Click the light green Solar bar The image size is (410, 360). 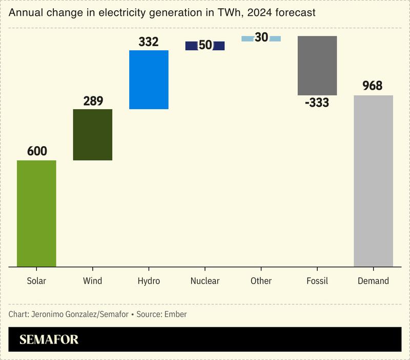click(x=36, y=213)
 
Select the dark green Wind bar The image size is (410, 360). click(x=93, y=135)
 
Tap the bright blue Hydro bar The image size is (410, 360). click(x=149, y=79)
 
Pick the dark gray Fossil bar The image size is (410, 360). click(x=317, y=66)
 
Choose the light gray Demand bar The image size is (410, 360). click(x=373, y=181)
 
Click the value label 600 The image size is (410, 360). click(x=36, y=151)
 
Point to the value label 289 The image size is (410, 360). click(x=93, y=101)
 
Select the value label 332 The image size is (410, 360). click(x=149, y=42)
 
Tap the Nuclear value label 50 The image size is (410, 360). click(x=205, y=45)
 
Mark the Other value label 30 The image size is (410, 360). click(x=261, y=37)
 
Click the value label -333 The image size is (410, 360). click(x=317, y=103)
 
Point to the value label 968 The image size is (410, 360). click(x=373, y=86)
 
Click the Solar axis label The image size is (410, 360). click(x=36, y=281)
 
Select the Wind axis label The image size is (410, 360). click(x=93, y=281)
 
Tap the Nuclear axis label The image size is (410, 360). click(x=205, y=281)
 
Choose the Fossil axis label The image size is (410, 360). click(x=317, y=281)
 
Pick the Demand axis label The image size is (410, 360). click(x=373, y=281)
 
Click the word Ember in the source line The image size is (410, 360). click(x=175, y=314)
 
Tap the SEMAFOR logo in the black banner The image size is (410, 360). click(x=49, y=339)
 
